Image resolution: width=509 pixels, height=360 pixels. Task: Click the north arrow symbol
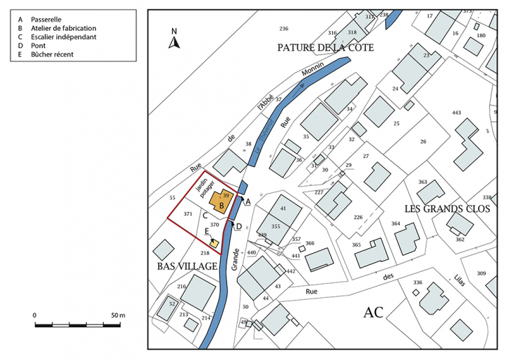tap(175, 40)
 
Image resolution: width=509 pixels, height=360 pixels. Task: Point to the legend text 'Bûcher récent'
tap(52, 54)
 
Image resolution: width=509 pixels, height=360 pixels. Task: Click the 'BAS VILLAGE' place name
tap(184, 266)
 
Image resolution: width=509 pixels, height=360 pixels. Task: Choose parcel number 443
tap(457, 113)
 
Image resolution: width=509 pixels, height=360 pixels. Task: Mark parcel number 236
tap(283, 29)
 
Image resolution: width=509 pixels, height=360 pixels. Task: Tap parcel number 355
tap(275, 226)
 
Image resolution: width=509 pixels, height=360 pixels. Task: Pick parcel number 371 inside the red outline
tap(187, 213)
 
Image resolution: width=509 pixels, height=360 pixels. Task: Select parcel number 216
tap(181, 287)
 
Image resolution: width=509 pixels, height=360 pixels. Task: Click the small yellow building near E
tap(215, 244)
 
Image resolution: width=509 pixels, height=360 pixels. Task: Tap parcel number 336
tap(418, 282)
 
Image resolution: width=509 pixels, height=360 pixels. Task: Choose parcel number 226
tap(358, 217)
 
